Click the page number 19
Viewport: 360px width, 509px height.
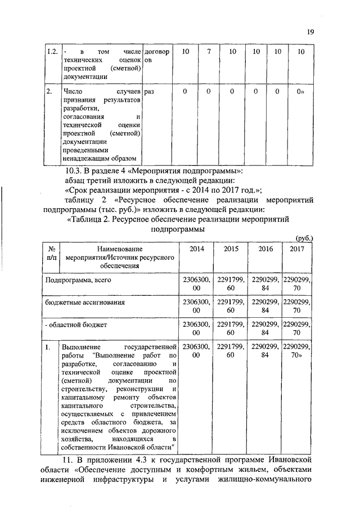click(310, 32)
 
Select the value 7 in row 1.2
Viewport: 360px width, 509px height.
click(209, 52)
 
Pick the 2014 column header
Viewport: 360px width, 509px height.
click(197, 248)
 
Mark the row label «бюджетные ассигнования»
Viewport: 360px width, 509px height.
click(84, 302)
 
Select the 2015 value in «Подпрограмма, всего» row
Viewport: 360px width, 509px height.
click(231, 283)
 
